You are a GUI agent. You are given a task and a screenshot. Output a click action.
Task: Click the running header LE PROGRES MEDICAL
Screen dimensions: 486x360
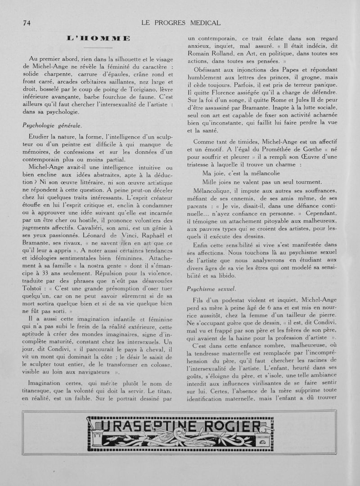[x=181, y=23]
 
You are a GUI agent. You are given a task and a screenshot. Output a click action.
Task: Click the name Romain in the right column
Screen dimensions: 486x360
[x=200, y=54]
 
